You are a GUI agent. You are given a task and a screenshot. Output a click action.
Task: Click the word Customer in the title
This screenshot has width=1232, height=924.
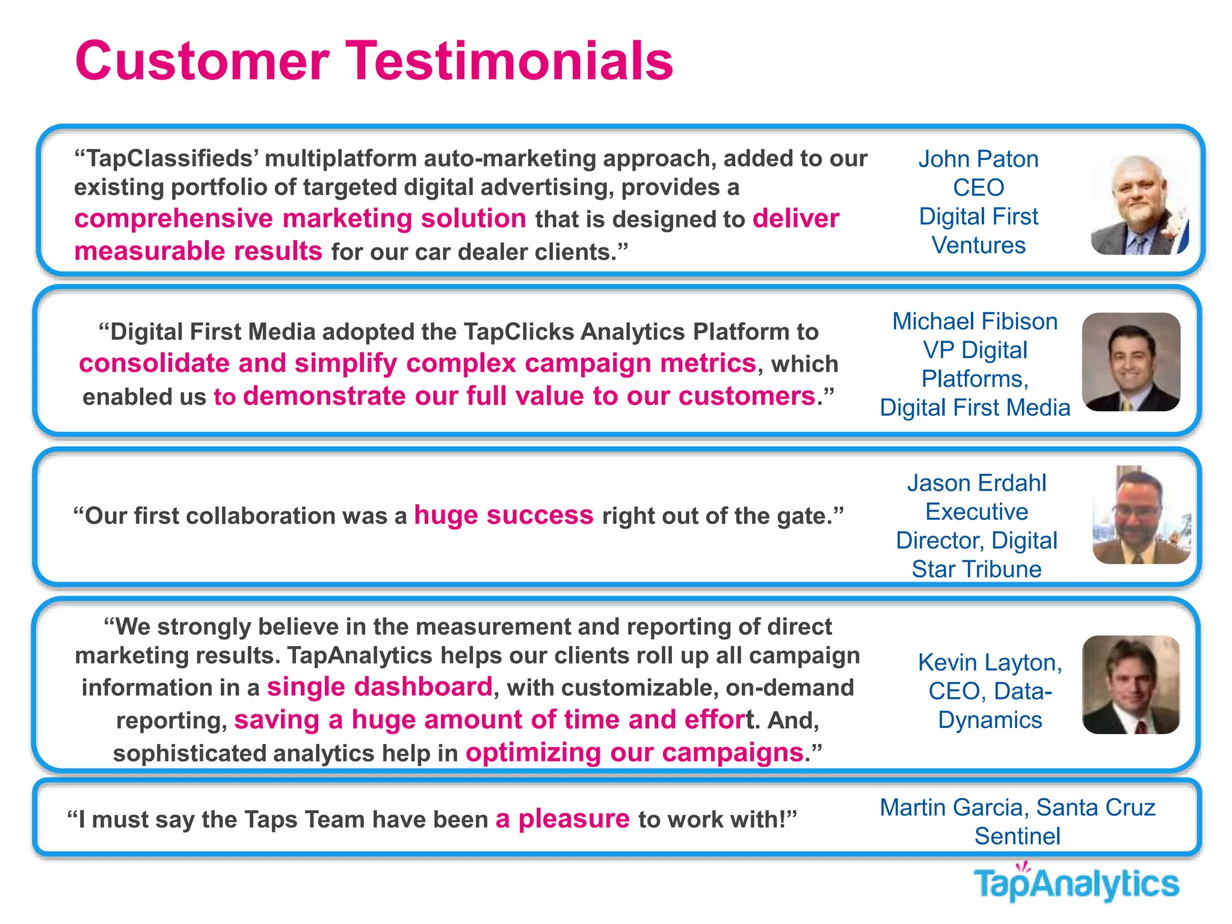pyautogui.click(x=202, y=61)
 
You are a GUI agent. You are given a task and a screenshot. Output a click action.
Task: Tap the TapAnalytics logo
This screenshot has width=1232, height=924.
pyautogui.click(x=1076, y=883)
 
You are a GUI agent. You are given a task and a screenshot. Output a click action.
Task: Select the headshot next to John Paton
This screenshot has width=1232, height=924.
pyautogui.click(x=1139, y=205)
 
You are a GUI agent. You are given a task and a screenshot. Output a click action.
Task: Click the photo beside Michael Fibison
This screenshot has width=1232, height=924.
pyautogui.click(x=1131, y=362)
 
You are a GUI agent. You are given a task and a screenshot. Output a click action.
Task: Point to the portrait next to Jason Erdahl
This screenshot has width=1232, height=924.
pyautogui.click(x=1141, y=515)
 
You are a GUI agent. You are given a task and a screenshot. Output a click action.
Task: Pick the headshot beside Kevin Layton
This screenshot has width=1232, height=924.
pyautogui.click(x=1131, y=685)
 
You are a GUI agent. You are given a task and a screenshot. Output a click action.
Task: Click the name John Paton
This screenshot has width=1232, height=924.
pyautogui.click(x=978, y=159)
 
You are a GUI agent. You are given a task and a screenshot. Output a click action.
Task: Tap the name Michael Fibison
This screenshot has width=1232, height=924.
pyautogui.click(x=975, y=321)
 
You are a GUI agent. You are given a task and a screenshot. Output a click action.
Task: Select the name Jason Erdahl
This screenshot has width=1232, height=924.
pyautogui.click(x=976, y=483)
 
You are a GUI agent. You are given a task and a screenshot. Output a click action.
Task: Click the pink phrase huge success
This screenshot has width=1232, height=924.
pyautogui.click(x=504, y=516)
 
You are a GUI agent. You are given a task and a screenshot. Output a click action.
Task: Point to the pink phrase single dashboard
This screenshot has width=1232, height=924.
pyautogui.click(x=380, y=687)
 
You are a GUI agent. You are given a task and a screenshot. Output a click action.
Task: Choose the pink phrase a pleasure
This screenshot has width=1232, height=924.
pyautogui.click(x=562, y=819)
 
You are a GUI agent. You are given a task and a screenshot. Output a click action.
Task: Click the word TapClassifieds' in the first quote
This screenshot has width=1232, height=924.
pyautogui.click(x=167, y=159)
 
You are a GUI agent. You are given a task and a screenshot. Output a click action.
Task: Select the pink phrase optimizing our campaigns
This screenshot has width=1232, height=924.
pyautogui.click(x=635, y=753)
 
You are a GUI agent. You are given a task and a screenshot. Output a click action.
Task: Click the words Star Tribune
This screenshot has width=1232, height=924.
pyautogui.click(x=976, y=569)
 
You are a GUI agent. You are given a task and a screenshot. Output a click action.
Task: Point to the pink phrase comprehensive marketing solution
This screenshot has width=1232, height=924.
pyautogui.click(x=300, y=218)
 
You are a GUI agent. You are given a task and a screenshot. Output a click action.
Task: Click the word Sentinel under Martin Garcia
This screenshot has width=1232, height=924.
pyautogui.click(x=1017, y=836)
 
